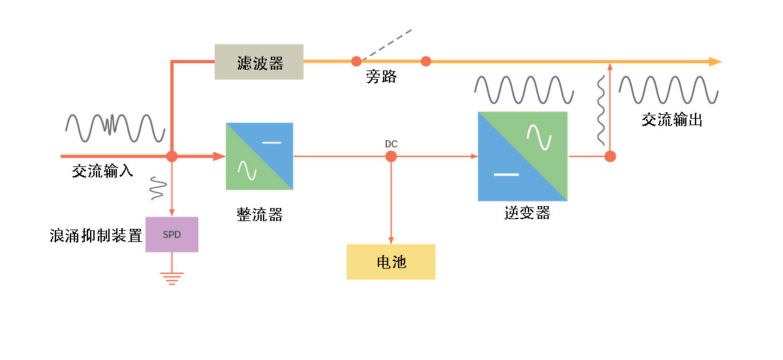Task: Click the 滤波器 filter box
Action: click(259, 62)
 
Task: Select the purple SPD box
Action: click(172, 234)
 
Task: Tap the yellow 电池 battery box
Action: click(391, 262)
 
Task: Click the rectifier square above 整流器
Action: click(259, 157)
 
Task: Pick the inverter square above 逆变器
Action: click(523, 157)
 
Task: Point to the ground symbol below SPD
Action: click(172, 278)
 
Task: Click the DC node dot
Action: click(391, 157)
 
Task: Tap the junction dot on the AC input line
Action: click(172, 157)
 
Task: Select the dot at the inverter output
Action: click(610, 157)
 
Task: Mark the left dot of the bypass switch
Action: click(356, 61)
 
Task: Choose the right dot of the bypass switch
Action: click(425, 61)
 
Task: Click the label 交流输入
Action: click(102, 171)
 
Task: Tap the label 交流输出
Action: click(672, 120)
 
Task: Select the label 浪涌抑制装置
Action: click(96, 235)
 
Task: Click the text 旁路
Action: click(382, 78)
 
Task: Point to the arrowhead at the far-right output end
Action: click(715, 61)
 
